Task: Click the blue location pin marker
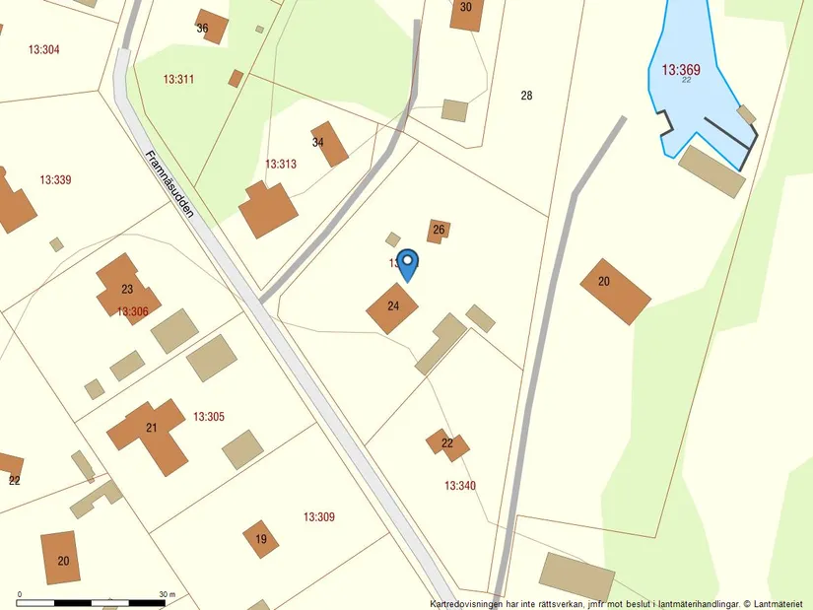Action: pos(407,263)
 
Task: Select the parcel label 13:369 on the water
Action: pos(681,70)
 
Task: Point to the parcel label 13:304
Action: pos(44,50)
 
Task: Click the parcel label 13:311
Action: pos(178,79)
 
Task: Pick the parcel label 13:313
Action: pos(281,165)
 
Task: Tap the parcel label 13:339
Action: pos(55,180)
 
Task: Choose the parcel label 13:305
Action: pos(209,417)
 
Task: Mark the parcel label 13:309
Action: pos(319,517)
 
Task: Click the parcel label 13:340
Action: pos(460,486)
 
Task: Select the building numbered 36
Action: pos(210,27)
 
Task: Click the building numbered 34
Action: pos(329,144)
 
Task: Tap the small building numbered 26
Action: pos(439,231)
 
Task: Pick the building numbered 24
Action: pos(392,307)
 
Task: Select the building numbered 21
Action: pos(150,430)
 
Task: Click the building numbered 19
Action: pos(261,539)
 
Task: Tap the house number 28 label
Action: pos(526,96)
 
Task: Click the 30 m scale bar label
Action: pos(167,595)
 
